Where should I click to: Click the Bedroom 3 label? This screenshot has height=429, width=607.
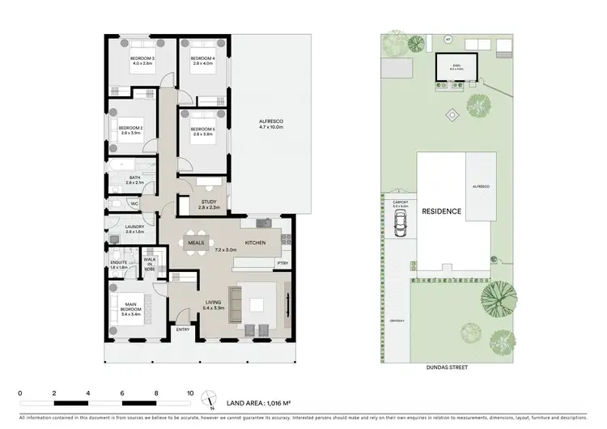point(142,58)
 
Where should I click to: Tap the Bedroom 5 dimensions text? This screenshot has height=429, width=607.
point(202,134)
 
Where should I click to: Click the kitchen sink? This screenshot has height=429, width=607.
point(263,223)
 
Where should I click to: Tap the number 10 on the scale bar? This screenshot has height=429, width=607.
point(190,391)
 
